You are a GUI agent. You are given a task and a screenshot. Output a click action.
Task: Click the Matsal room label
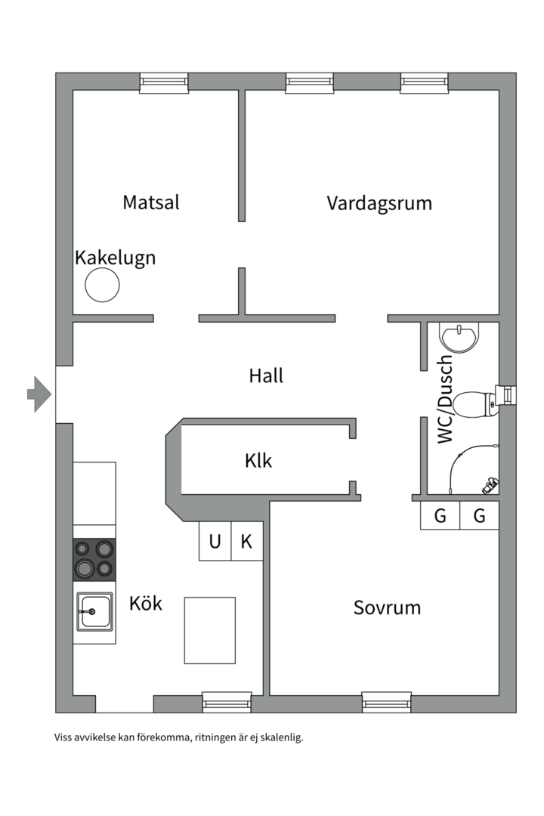pyautogui.click(x=151, y=202)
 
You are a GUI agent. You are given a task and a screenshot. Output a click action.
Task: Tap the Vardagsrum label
pyautogui.click(x=379, y=202)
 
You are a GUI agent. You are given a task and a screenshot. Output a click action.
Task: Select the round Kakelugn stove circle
pyautogui.click(x=102, y=286)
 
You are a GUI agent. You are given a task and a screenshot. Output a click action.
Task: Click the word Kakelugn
pyautogui.click(x=115, y=258)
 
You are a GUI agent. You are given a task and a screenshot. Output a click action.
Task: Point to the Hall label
pyautogui.click(x=266, y=376)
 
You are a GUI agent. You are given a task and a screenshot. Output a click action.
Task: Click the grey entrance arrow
pyautogui.click(x=39, y=394)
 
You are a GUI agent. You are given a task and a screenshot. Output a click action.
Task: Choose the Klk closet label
pyautogui.click(x=258, y=460)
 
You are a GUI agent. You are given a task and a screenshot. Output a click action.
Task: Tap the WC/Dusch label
pyautogui.click(x=446, y=399)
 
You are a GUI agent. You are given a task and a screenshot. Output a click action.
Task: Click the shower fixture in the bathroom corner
pyautogui.click(x=490, y=484)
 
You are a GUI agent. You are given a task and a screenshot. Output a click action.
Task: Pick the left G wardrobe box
pyautogui.click(x=440, y=516)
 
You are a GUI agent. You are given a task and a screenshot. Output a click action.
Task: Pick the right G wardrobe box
pyautogui.click(x=479, y=516)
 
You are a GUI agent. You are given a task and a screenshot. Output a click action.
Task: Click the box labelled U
pyautogui.click(x=215, y=541)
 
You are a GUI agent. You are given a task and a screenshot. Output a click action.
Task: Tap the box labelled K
pyautogui.click(x=246, y=541)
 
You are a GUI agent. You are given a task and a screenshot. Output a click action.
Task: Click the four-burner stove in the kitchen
pyautogui.click(x=94, y=559)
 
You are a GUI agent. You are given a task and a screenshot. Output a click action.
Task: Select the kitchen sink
pyautogui.click(x=94, y=611)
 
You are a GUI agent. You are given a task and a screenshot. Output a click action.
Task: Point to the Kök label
pyautogui.click(x=146, y=604)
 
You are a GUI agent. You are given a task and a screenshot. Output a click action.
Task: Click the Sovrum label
pyautogui.click(x=387, y=607)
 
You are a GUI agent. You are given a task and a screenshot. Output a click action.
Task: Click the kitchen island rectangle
pyautogui.click(x=210, y=630)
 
